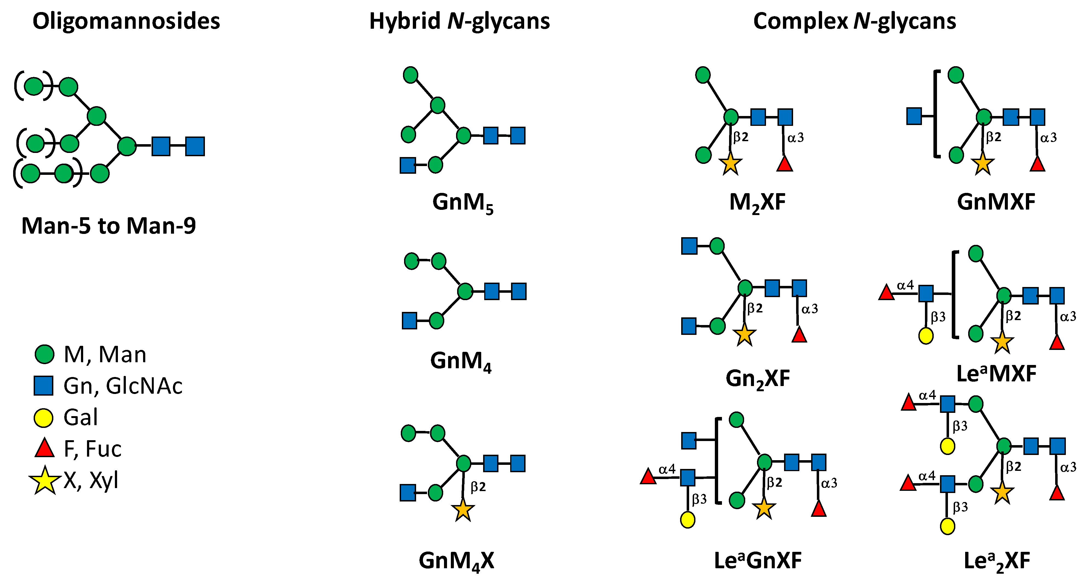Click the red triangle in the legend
44,449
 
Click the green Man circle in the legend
44,354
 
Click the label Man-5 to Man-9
109,226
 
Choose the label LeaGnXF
757,561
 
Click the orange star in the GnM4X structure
463,510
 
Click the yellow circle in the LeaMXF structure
926,336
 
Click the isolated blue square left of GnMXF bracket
914,116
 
